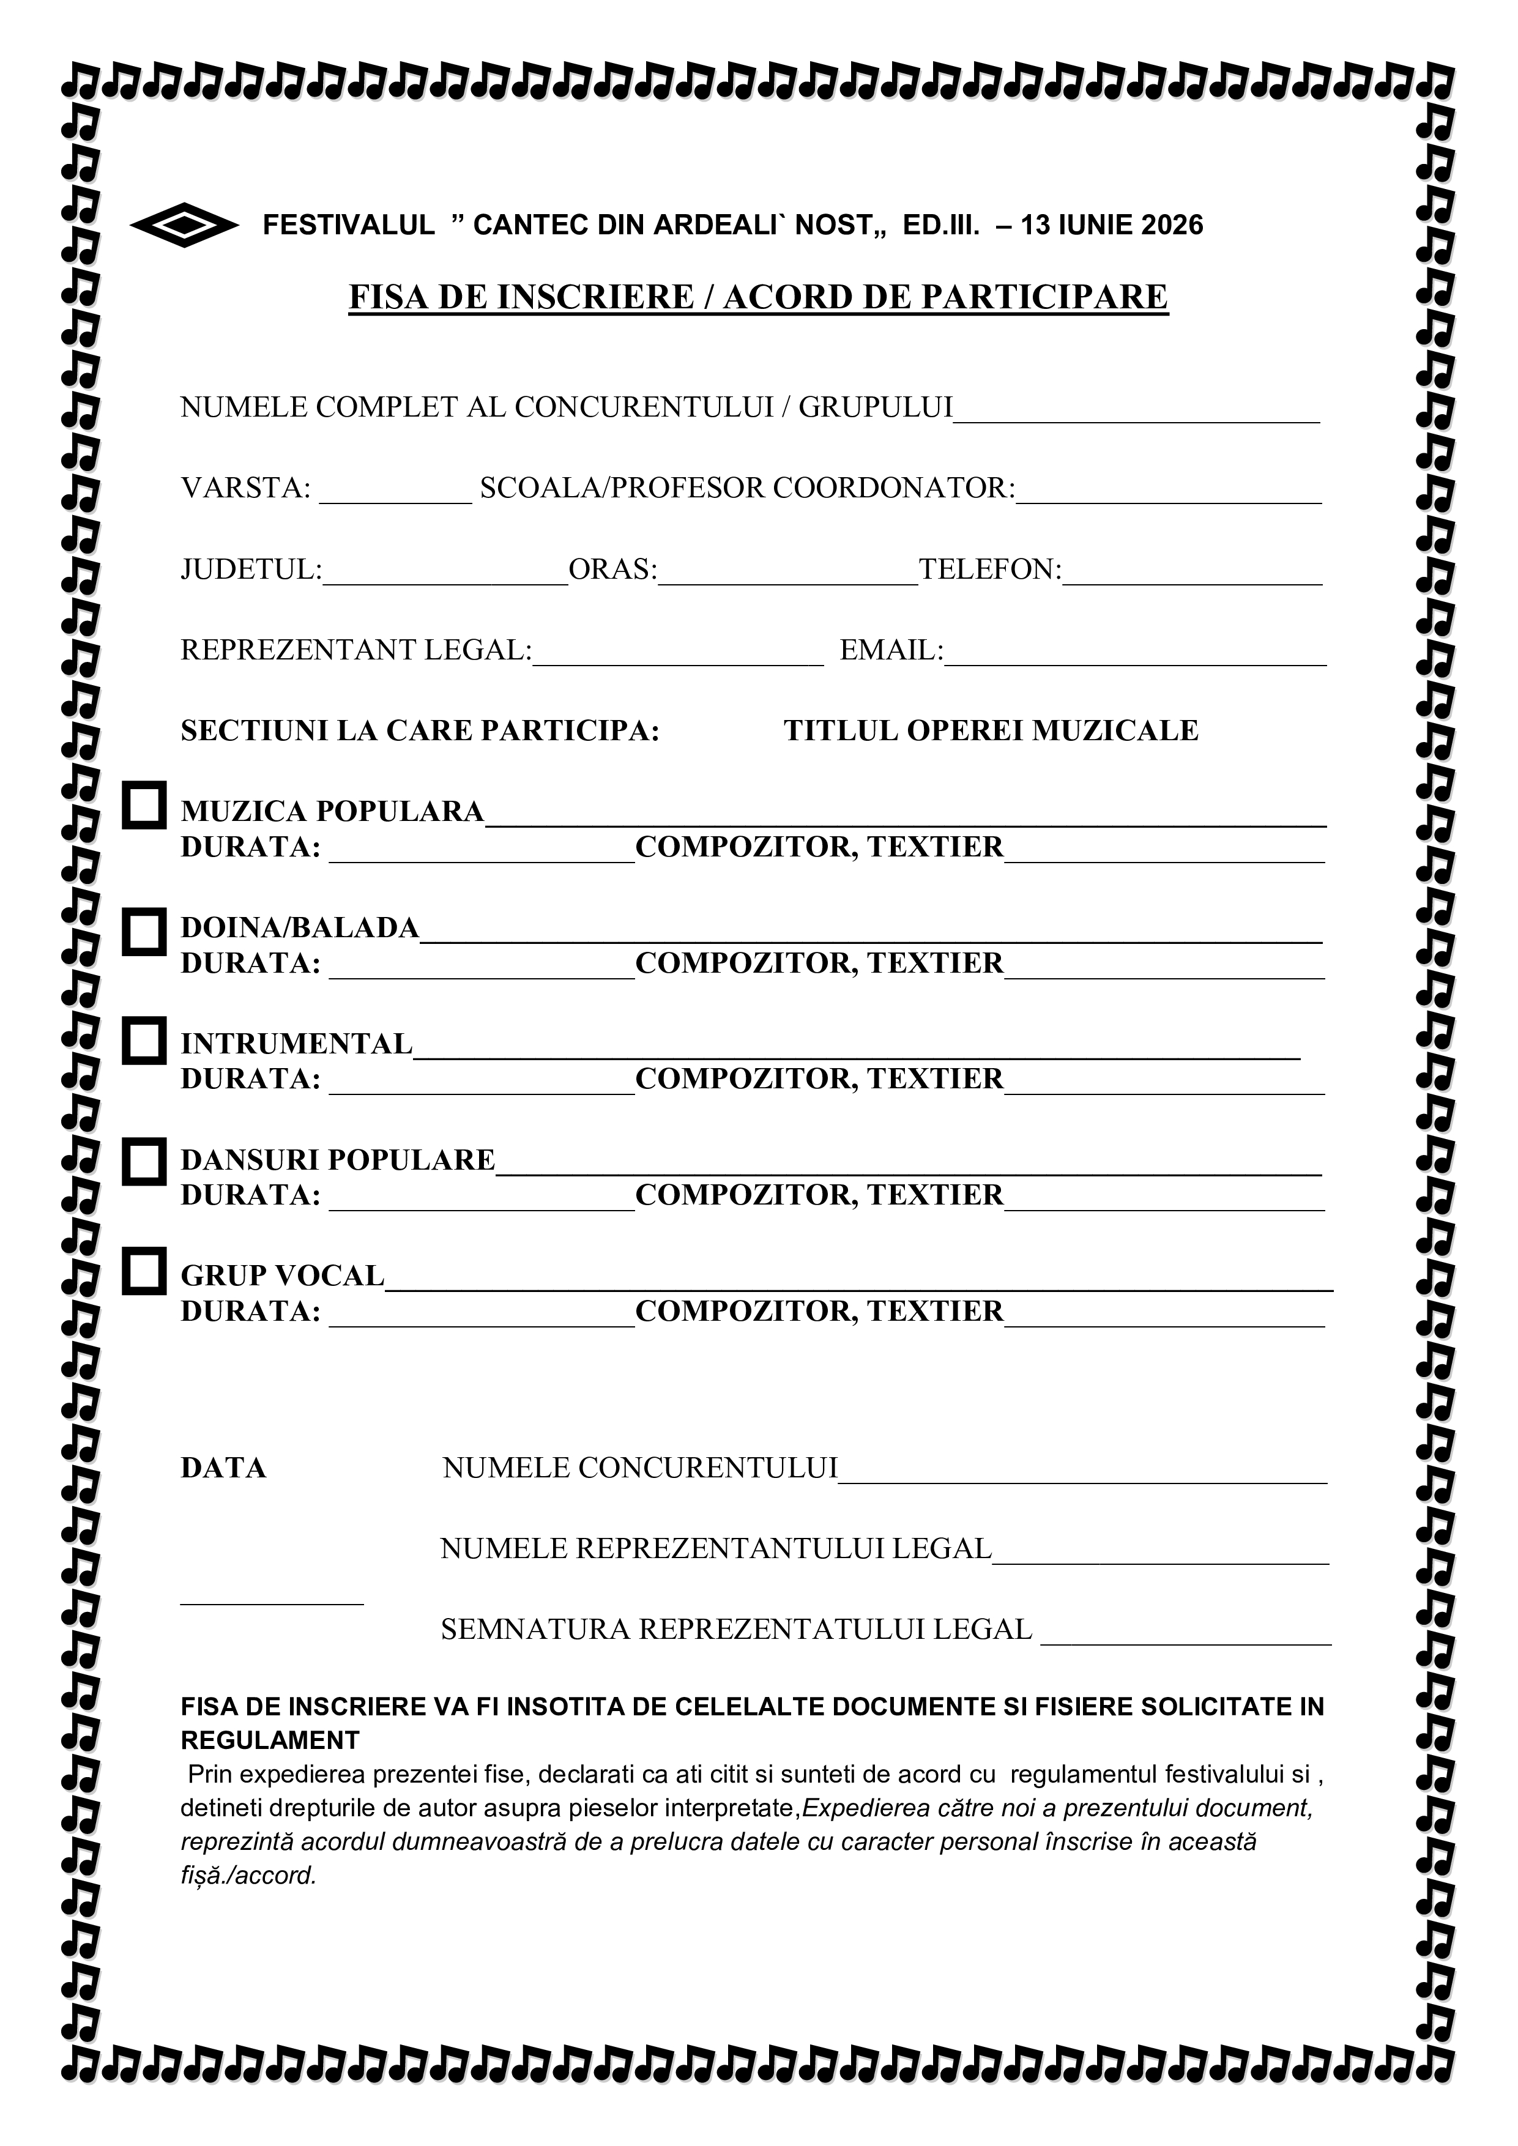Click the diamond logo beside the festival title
[x=184, y=225]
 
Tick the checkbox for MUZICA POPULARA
[x=144, y=805]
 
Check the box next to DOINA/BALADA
[x=144, y=931]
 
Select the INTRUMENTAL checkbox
[x=144, y=1041]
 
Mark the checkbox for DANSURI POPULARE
[x=144, y=1161]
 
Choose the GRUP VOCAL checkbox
[x=144, y=1270]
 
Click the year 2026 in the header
[x=1171, y=225]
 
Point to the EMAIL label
[x=891, y=650]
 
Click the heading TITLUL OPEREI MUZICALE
[x=990, y=731]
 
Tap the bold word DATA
[x=223, y=1468]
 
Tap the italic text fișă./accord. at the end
[x=248, y=1876]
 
